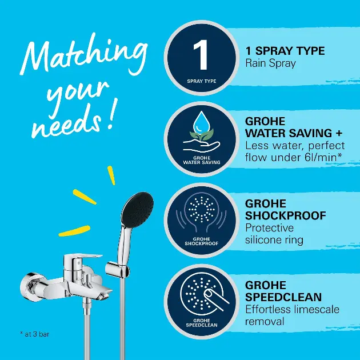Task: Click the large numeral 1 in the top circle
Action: (201, 55)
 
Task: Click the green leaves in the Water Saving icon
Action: (202, 134)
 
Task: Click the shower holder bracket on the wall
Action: (117, 269)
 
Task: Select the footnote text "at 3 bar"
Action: (37, 334)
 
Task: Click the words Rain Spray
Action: (270, 63)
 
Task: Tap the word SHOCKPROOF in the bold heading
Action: (285, 215)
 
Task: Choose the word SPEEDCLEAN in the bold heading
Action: (283, 297)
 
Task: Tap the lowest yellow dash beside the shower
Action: (74, 231)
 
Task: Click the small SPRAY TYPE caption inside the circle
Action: (202, 81)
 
